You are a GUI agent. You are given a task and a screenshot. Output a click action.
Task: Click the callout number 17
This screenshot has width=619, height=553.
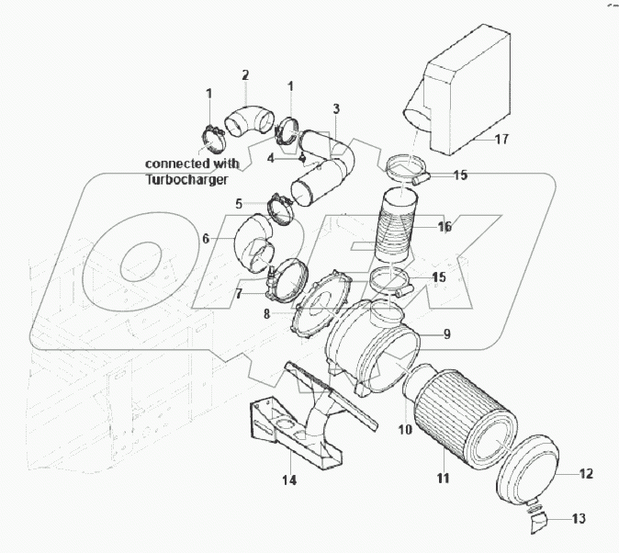click(501, 141)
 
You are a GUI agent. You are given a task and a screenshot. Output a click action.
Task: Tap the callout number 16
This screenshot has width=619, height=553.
click(445, 226)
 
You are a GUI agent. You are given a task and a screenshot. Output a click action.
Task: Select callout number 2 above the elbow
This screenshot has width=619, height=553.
click(244, 73)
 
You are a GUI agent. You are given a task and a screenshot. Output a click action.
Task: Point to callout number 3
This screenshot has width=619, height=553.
click(336, 108)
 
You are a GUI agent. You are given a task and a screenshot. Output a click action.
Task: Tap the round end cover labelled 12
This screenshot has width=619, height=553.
click(529, 468)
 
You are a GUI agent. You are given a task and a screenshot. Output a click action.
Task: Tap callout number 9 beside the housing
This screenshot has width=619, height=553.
click(447, 334)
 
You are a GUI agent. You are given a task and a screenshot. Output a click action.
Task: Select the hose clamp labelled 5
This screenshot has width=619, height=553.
click(280, 201)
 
